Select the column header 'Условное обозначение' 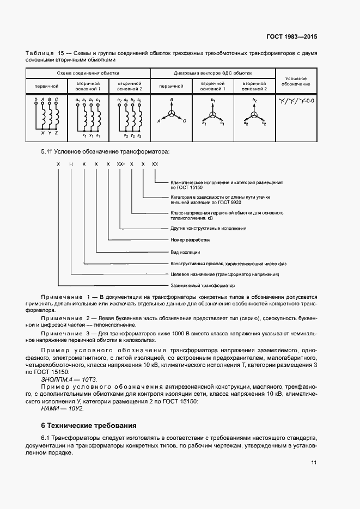coord(297,81)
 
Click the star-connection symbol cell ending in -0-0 coord(297,101)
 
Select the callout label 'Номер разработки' coord(190,240)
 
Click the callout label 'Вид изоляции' coord(186,252)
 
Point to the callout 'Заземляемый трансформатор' coord(202,286)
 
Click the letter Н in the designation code coord(70,164)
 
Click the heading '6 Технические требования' coord(90,425)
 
